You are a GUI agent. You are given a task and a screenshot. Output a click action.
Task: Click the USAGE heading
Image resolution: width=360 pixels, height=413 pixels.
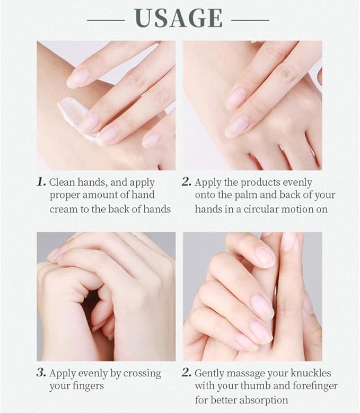pos(179,18)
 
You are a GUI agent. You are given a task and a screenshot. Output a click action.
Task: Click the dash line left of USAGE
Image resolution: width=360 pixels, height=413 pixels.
pos(106,20)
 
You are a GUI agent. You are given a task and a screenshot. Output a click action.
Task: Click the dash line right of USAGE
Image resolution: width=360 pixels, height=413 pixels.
pos(250,20)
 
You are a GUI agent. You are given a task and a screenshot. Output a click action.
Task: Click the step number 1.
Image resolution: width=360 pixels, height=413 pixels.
pos(41,182)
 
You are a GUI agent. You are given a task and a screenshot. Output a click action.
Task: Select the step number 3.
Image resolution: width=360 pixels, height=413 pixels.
pos(41,372)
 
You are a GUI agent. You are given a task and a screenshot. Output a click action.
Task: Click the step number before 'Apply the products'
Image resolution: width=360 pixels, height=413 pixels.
pos(186,182)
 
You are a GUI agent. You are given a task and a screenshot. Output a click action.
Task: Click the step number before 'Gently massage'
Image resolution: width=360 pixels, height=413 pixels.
pos(186,372)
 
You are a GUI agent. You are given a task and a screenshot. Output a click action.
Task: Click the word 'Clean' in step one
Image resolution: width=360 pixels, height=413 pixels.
pos(62,182)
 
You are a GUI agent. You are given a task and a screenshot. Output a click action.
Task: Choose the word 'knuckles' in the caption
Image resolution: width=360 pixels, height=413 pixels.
pos(311,373)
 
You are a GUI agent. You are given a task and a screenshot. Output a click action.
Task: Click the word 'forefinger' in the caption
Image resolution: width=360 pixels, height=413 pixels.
pos(313,386)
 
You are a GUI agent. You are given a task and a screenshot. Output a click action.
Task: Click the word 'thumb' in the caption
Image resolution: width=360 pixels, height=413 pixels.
pos(255,386)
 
